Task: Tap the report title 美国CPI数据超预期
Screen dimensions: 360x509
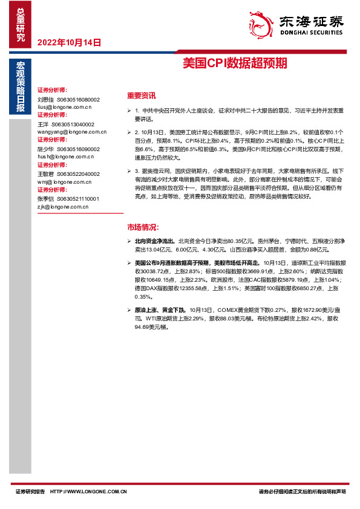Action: pos(235,63)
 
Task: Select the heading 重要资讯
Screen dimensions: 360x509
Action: pos(141,96)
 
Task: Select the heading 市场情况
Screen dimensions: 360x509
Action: pos(141,227)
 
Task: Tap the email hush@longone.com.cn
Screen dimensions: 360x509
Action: pos(64,156)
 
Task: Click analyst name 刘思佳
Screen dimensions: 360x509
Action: pos(45,99)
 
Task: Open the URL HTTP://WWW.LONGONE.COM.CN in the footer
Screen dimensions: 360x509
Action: pos(89,491)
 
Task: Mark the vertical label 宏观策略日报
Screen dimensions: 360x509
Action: pos(21,88)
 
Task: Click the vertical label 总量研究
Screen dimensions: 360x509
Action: pos(21,25)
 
